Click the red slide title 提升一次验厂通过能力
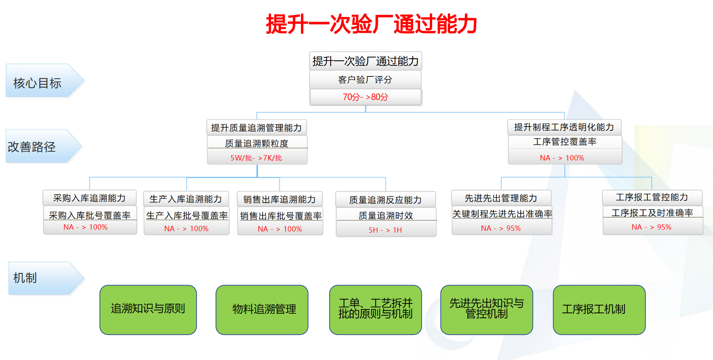pyautogui.click(x=371, y=24)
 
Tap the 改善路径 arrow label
pyautogui.click(x=32, y=147)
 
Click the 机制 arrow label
pyautogui.click(x=25, y=278)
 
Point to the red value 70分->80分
pyautogui.click(x=366, y=97)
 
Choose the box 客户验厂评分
pyautogui.click(x=365, y=80)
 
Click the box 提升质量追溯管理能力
pyautogui.click(x=257, y=128)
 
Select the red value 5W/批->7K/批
pyautogui.click(x=257, y=158)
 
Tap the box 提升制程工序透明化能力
pyautogui.click(x=564, y=127)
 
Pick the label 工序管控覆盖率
pyautogui.click(x=565, y=142)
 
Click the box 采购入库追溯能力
pyautogui.click(x=90, y=198)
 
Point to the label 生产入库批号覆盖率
pyautogui.click(x=187, y=216)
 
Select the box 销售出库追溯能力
pyautogui.click(x=280, y=199)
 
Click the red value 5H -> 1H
pyautogui.click(x=385, y=230)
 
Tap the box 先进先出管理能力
pyautogui.click(x=501, y=198)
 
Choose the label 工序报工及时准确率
pyautogui.click(x=652, y=213)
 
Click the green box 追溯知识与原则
pyautogui.click(x=148, y=309)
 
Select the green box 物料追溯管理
pyautogui.click(x=262, y=309)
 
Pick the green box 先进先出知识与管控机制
pyautogui.click(x=486, y=309)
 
